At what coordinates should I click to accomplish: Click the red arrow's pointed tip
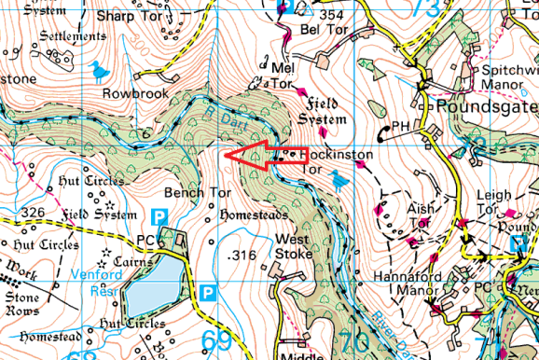(225, 153)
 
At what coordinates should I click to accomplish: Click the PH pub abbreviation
(400, 125)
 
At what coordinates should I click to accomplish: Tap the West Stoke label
(295, 245)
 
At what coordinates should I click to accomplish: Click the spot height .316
(241, 256)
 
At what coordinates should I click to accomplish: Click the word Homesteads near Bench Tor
(249, 215)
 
